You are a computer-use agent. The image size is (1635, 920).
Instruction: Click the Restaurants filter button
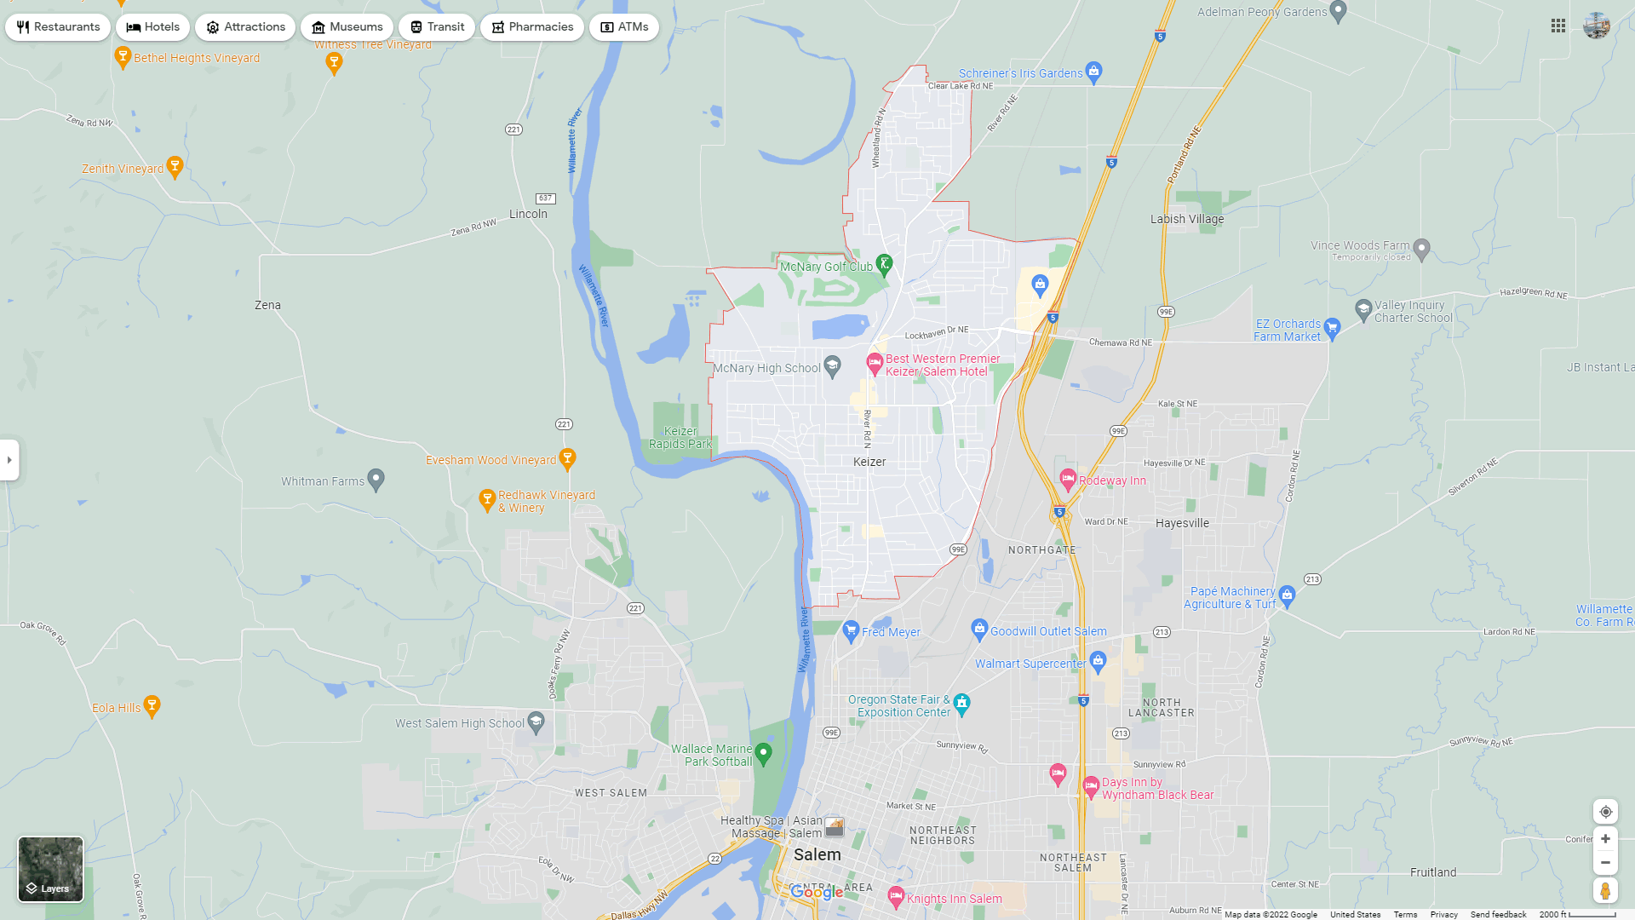point(58,27)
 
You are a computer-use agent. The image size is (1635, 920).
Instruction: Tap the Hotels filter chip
point(153,27)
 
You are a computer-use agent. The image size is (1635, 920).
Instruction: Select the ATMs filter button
point(624,27)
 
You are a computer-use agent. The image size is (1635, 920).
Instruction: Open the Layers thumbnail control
point(51,869)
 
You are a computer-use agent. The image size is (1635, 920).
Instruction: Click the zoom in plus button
point(1605,839)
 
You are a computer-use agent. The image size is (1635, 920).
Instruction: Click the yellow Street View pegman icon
point(1605,891)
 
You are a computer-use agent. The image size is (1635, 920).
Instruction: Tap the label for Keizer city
point(869,462)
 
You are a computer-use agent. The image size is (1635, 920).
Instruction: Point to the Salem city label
point(817,854)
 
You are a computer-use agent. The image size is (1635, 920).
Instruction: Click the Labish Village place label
point(1187,219)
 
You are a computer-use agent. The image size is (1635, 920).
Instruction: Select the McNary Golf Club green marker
point(884,263)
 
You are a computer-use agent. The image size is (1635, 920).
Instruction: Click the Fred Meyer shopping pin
point(850,631)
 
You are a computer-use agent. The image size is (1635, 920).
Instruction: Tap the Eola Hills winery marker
point(152,704)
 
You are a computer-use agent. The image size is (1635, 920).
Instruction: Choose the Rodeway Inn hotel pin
point(1068,479)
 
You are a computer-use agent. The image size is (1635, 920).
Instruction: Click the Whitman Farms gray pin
point(376,480)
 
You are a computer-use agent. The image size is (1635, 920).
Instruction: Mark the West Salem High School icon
point(536,722)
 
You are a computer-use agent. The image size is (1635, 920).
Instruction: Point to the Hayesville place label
point(1182,523)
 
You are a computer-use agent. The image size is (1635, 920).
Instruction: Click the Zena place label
point(267,305)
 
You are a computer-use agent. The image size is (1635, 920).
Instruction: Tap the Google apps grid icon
point(1558,26)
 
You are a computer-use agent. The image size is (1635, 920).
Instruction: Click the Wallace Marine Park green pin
point(763,753)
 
